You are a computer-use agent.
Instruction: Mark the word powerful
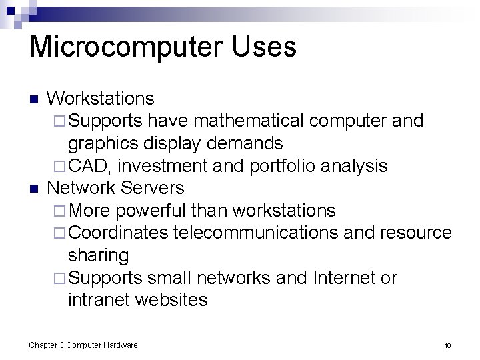[x=151, y=211]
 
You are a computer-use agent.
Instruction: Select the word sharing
[x=98, y=255]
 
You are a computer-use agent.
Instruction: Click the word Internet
[x=346, y=277]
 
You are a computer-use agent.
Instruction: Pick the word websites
[x=171, y=300]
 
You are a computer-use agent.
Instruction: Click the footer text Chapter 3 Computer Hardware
[x=83, y=345]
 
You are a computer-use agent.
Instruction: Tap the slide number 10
[x=447, y=345]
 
